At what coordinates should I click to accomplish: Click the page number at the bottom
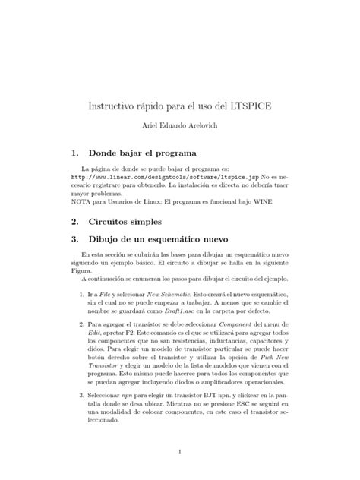click(179, 453)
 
